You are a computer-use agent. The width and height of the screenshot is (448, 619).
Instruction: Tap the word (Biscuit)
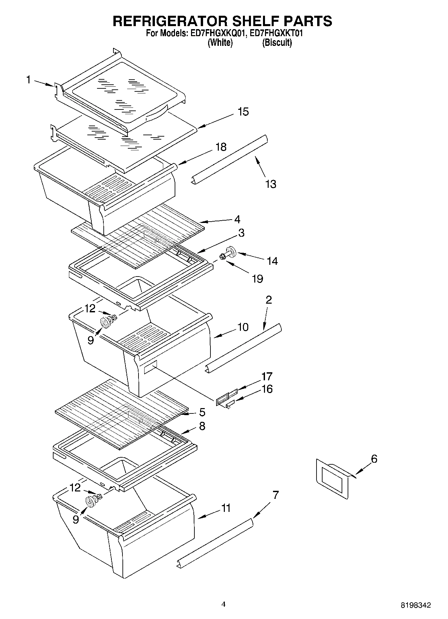(x=277, y=43)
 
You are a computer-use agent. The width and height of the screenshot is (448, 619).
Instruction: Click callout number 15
(x=243, y=112)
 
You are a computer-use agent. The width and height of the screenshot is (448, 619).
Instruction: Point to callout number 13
(x=271, y=184)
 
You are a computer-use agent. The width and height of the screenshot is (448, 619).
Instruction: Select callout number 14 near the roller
(x=272, y=261)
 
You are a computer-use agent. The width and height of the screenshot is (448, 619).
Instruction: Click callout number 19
(x=257, y=278)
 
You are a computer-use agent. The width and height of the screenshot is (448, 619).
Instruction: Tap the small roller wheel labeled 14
(x=230, y=251)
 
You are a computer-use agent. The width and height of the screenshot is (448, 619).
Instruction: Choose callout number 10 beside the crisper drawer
(x=243, y=327)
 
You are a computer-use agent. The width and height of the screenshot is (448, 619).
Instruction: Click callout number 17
(x=267, y=376)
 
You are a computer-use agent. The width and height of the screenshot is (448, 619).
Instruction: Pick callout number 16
(x=267, y=389)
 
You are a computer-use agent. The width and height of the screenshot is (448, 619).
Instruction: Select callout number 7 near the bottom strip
(x=275, y=495)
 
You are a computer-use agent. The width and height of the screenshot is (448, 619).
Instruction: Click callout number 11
(x=226, y=508)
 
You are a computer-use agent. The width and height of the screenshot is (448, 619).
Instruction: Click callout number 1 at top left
(x=28, y=80)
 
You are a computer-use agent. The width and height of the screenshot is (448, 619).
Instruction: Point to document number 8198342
(x=416, y=605)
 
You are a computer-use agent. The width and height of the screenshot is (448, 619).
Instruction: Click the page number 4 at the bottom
(x=223, y=604)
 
